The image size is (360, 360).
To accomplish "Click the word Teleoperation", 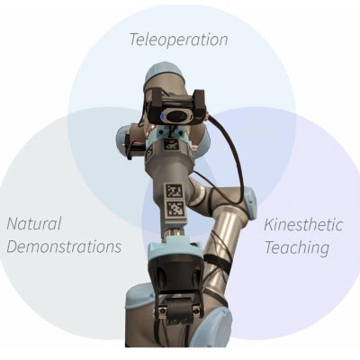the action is [x=178, y=40].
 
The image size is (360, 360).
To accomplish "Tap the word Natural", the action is [x=34, y=223].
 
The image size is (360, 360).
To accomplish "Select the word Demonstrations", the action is [x=64, y=247].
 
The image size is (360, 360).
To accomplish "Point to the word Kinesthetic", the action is [x=303, y=225].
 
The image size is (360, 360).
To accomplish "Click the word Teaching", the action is [x=297, y=248].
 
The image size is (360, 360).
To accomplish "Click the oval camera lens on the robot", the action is [x=177, y=115].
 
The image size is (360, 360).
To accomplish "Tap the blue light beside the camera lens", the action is [x=162, y=116].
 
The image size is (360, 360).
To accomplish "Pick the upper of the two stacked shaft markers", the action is [x=175, y=191].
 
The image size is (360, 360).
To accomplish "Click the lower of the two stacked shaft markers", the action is [x=175, y=210].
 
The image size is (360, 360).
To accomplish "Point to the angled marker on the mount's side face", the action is [x=149, y=155].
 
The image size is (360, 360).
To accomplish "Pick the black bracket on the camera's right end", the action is [x=199, y=105].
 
